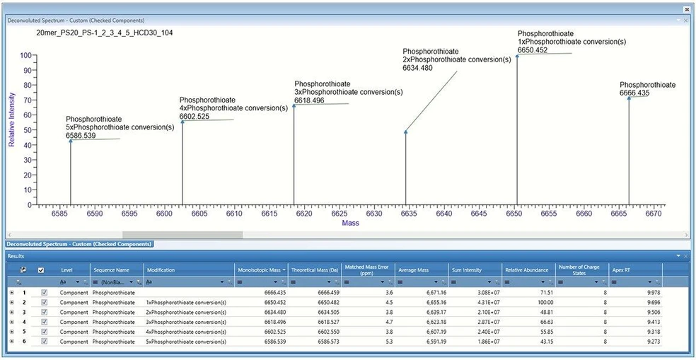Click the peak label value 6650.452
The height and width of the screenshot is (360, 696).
(533, 50)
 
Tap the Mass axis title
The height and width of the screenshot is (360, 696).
(351, 223)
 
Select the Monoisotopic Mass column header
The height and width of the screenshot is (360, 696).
(261, 269)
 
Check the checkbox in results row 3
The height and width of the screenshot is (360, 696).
(45, 311)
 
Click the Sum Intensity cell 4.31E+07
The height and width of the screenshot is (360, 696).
(485, 301)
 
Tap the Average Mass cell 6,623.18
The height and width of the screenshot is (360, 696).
(431, 321)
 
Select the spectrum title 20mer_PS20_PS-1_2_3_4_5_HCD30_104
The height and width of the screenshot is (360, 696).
(104, 33)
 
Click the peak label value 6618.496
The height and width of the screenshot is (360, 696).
(309, 100)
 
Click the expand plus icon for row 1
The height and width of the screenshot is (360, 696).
(11, 291)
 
